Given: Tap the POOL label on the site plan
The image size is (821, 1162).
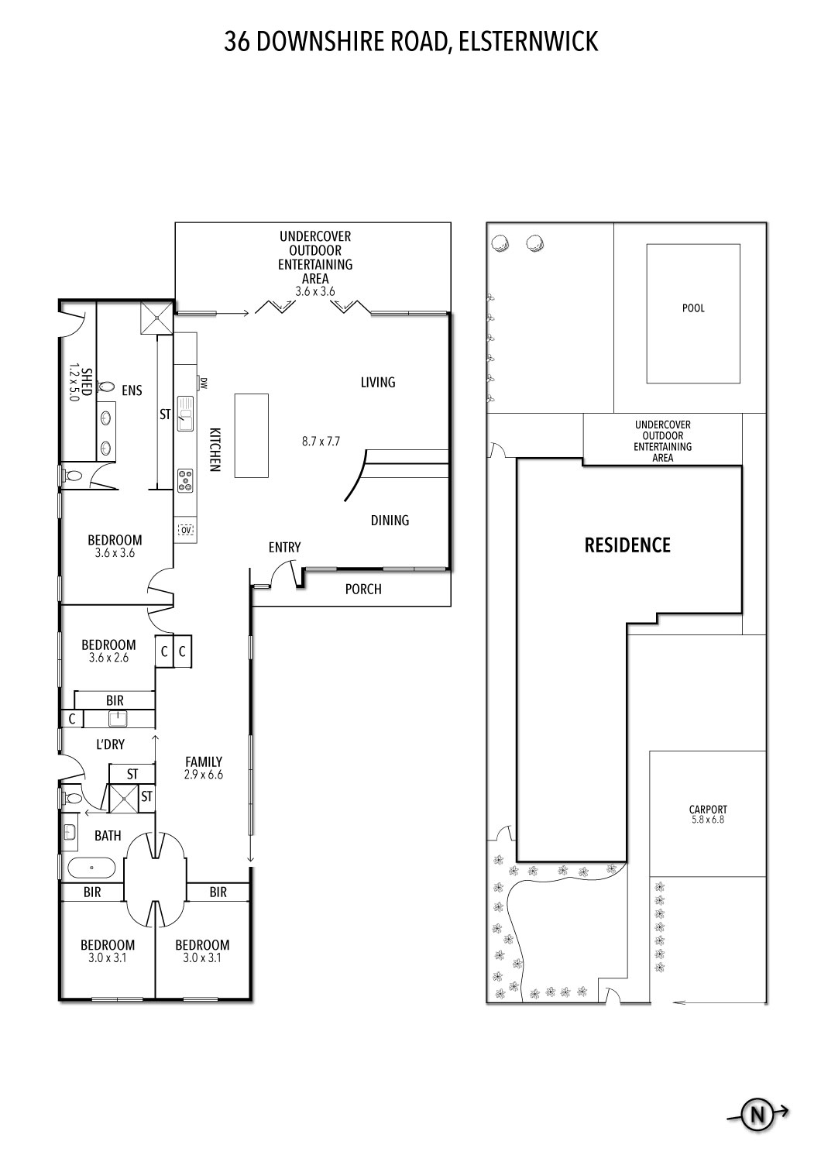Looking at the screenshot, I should pyautogui.click(x=693, y=308).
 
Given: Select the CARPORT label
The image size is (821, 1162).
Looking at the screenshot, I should pyautogui.click(x=708, y=810).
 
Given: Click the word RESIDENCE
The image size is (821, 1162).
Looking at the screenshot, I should pyautogui.click(x=627, y=545).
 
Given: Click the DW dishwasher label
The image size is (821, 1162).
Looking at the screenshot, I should pyautogui.click(x=204, y=382).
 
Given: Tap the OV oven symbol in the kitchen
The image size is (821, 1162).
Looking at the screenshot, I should pyautogui.click(x=185, y=529).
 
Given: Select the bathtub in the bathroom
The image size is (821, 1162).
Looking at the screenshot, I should pyautogui.click(x=92, y=868).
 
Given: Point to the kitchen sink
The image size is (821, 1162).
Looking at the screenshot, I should pyautogui.click(x=184, y=412).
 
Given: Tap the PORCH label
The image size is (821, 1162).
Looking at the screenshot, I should pyautogui.click(x=363, y=590).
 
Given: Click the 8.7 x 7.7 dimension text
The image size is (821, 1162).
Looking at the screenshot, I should pyautogui.click(x=321, y=442).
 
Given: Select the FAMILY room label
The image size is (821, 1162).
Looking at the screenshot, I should pyautogui.click(x=204, y=761).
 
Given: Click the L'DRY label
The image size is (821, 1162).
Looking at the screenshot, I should pyautogui.click(x=110, y=745).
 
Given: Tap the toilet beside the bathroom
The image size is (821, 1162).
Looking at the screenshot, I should pyautogui.click(x=72, y=797).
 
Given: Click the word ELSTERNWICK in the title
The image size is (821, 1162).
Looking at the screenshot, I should pyautogui.click(x=529, y=41).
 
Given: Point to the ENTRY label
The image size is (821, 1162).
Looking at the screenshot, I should pyautogui.click(x=284, y=548).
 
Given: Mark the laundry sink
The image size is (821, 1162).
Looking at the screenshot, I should pyautogui.click(x=117, y=719).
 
